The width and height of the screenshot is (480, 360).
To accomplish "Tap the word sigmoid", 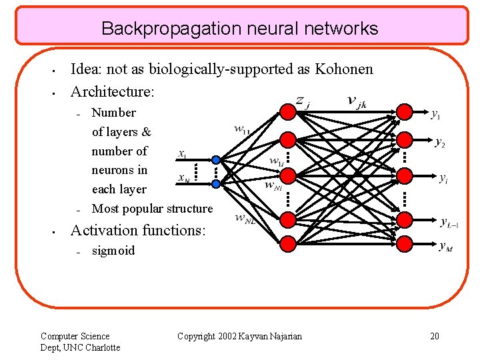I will point(113,251).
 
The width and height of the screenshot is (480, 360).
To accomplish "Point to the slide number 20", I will point(435,336).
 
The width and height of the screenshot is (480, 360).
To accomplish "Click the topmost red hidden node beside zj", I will point(287,111).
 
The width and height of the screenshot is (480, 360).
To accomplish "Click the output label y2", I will point(440,143).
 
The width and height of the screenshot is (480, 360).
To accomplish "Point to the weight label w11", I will point(242,129).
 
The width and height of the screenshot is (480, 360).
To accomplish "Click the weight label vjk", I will point(356,101).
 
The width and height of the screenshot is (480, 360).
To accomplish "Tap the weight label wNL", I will point(245,219).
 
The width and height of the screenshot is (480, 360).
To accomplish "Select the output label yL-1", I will point(449,222).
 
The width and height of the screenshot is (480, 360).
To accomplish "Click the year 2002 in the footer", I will point(228,336).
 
